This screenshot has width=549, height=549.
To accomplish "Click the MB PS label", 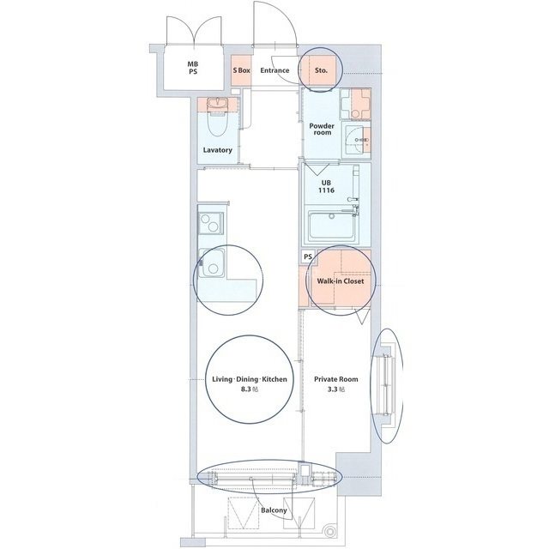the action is [192, 68].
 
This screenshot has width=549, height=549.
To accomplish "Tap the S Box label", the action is [242, 70].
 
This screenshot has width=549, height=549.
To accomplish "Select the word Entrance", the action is [274, 70].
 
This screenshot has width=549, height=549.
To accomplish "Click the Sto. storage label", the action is [321, 70].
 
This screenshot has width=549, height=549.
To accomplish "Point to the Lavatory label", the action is [218, 150].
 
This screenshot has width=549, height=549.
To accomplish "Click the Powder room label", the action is [323, 130].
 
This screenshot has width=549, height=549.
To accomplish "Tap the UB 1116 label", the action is [326, 187].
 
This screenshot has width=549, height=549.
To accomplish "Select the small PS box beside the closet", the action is [308, 257].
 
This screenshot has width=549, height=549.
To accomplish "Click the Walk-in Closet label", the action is [341, 281].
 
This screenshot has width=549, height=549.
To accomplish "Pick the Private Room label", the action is [336, 379].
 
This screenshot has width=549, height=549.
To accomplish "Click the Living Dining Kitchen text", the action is [250, 379].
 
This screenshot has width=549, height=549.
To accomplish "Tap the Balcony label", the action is [274, 510].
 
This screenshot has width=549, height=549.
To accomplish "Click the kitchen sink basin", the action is [212, 262].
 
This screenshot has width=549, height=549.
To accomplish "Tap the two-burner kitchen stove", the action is [211, 223].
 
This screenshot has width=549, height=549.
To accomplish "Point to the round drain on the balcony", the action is [329, 532].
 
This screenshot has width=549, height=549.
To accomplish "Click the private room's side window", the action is [386, 384].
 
